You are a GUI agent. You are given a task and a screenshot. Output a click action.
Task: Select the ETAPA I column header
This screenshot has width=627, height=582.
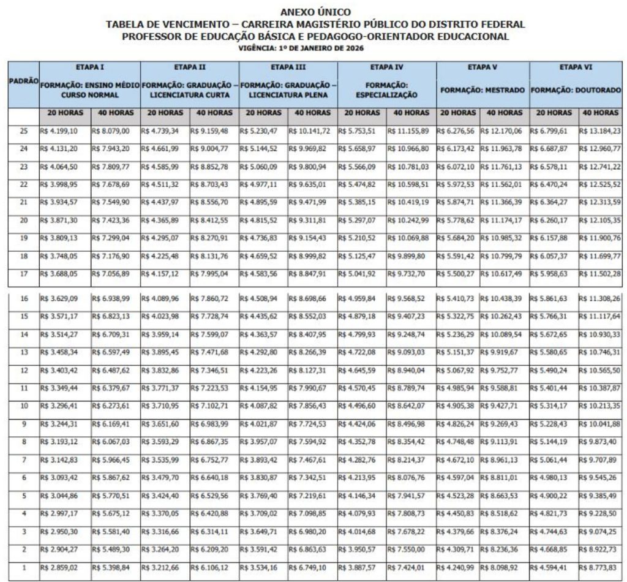89,67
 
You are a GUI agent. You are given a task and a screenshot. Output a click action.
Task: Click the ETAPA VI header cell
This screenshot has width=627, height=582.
576,67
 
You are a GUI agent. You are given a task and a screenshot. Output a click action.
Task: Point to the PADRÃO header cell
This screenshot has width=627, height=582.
23,81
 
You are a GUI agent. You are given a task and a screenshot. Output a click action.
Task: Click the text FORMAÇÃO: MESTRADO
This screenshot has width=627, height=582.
482,90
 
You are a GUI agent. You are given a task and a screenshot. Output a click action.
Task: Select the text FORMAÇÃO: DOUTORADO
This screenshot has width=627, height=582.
576,90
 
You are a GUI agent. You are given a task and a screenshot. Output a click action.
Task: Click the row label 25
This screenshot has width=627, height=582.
23,130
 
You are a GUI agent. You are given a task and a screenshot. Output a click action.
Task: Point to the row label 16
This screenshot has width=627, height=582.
23,298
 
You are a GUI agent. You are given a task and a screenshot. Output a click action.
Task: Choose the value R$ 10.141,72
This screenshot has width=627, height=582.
311,130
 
